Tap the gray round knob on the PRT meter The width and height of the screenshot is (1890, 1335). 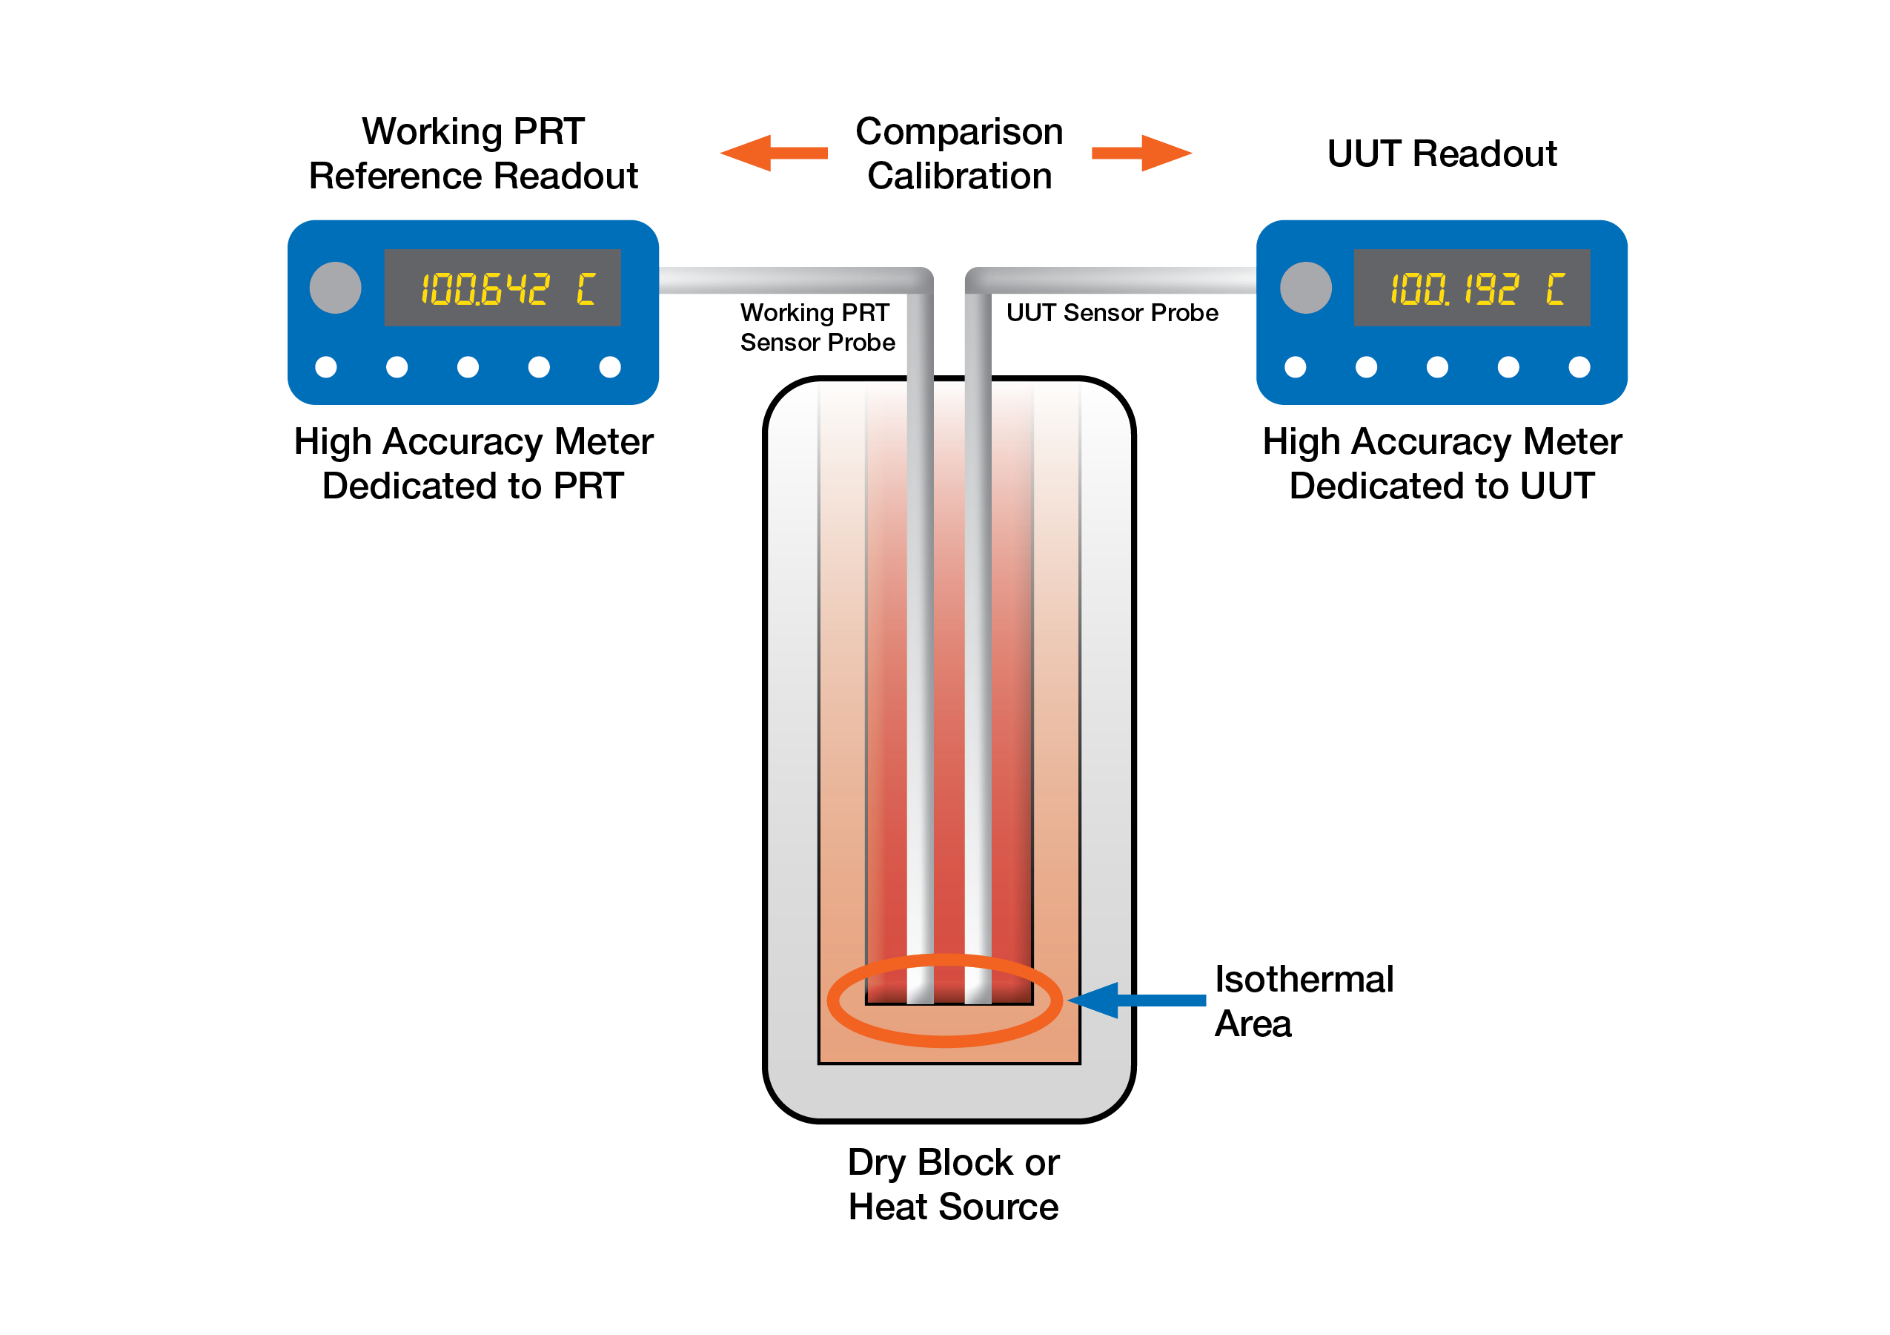335,288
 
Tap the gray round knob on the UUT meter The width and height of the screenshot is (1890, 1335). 1305,288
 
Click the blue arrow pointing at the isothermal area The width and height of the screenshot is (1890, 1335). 1136,1001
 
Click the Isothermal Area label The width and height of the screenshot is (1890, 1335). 1303,1001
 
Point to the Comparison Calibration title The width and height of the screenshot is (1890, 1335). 959,154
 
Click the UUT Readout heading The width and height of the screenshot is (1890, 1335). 1442,154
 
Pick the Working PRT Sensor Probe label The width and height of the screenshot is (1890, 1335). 817,327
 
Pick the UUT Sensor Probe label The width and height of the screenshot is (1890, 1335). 1112,313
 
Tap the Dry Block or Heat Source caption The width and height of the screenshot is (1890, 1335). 953,1184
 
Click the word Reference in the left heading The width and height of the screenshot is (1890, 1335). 396,177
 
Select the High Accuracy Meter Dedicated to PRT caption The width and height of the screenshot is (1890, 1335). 474,464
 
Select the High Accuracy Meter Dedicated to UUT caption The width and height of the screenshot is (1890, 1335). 1442,464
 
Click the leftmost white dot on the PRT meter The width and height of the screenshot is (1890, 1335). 326,366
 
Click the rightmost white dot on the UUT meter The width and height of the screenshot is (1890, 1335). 1579,366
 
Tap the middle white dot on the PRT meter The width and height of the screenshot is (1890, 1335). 468,366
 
